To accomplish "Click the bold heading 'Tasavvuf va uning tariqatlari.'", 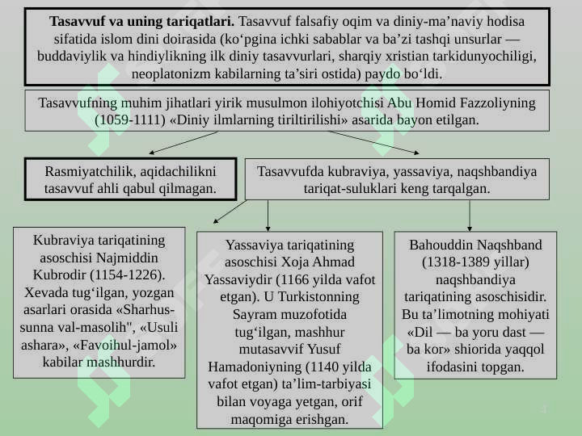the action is pos(141,22).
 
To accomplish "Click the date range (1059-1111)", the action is pos(130,119).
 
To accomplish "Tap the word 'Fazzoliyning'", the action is pos(497,103).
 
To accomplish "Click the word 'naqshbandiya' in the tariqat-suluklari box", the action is pos(497,171).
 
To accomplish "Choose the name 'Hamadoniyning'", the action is pos(254,367).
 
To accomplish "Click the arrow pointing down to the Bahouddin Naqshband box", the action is pos(470,216).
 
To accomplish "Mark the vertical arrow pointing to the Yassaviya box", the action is pos(268,216).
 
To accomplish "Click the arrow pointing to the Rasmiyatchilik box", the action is pos(183,143).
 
